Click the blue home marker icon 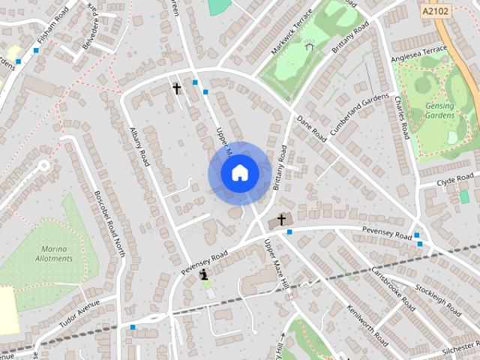tap(239, 173)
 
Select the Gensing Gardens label tap(439, 111)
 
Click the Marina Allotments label tap(54, 253)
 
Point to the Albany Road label tap(139, 143)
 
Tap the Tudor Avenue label tap(79, 315)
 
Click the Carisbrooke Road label tap(393, 289)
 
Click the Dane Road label tap(311, 128)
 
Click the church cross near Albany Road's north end tap(177, 88)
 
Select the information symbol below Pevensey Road tap(203, 276)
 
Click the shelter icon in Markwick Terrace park tap(309, 46)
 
